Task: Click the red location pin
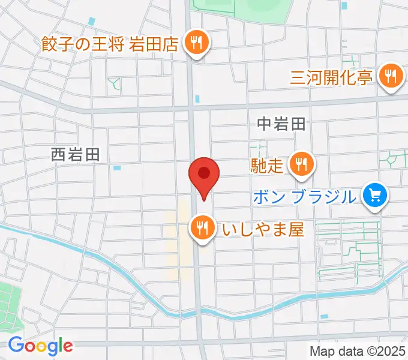(204, 175)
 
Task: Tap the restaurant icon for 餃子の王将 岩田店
(196, 43)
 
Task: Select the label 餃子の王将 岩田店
(110, 44)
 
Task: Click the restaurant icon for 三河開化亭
(392, 76)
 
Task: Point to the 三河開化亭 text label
(332, 77)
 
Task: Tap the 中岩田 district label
(281, 124)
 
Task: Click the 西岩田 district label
(75, 155)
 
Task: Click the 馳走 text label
(268, 165)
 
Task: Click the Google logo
(40, 346)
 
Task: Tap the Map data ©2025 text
(356, 351)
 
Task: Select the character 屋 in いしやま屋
(296, 229)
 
